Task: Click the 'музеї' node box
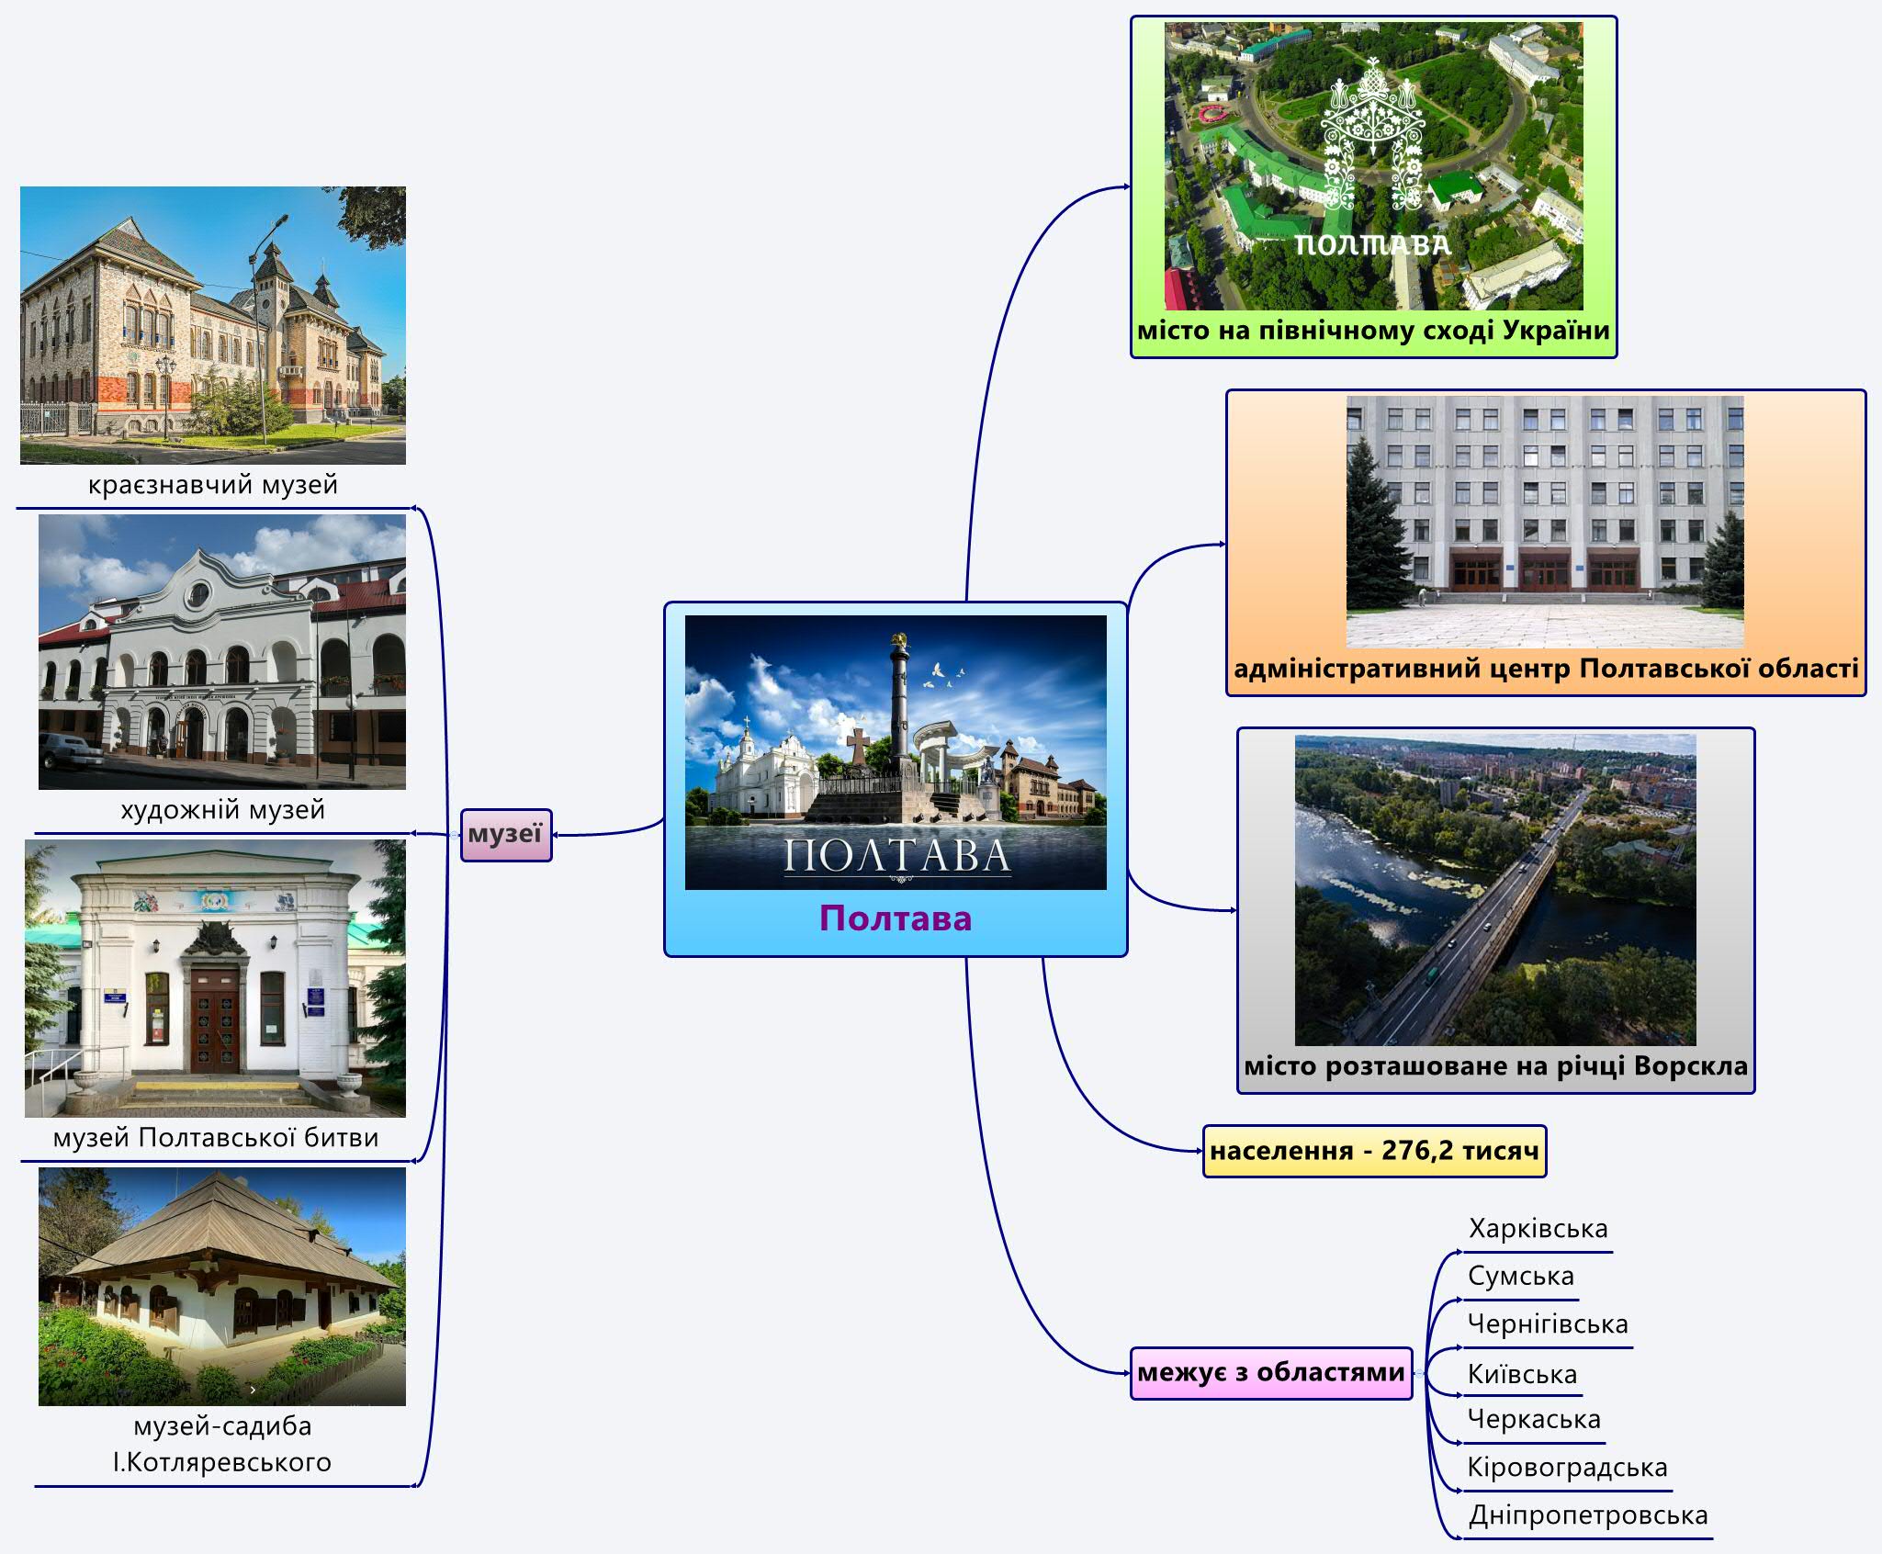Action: tap(506, 834)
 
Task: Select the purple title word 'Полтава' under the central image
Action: tap(896, 918)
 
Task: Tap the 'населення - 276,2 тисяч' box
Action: tap(1374, 1151)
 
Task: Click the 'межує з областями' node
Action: tap(1271, 1373)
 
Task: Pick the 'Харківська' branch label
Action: tap(1538, 1229)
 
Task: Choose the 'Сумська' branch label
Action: tap(1521, 1276)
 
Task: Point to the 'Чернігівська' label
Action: tap(1548, 1324)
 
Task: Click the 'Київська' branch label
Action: tap(1523, 1374)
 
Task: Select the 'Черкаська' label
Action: tap(1534, 1419)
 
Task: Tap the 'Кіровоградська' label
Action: tap(1567, 1468)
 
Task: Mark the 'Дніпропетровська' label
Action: tap(1588, 1515)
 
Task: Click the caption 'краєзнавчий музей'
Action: tap(213, 485)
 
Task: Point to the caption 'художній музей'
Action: tap(223, 810)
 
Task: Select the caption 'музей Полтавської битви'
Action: tap(216, 1138)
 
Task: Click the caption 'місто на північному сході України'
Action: tap(1373, 331)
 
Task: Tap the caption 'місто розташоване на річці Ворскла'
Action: tap(1496, 1066)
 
